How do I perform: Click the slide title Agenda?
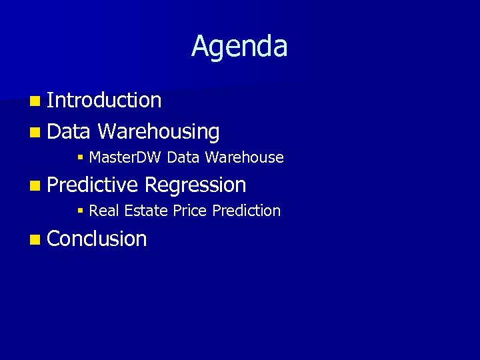point(239,47)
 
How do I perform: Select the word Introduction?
point(104,101)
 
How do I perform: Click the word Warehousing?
point(158,132)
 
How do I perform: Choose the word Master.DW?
point(125,158)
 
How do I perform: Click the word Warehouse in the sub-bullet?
point(244,158)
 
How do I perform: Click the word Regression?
point(195,185)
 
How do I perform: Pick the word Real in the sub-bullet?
point(103,211)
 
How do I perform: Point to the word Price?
point(190,211)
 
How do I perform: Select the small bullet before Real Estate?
point(80,211)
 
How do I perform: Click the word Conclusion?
point(97,239)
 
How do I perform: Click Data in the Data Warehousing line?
point(69,132)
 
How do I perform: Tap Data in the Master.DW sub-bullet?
point(183,158)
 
